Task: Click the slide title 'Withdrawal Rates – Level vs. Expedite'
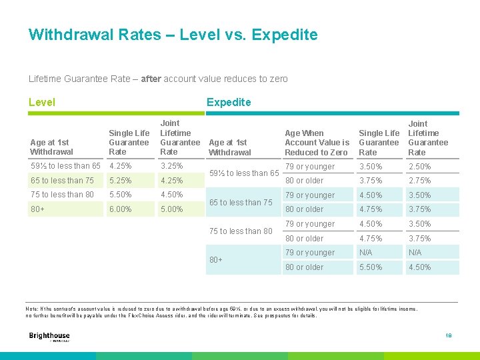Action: point(173,35)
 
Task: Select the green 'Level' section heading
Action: point(42,102)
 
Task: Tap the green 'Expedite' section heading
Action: point(229,102)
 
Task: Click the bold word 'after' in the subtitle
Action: point(151,79)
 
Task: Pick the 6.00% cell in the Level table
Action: point(121,209)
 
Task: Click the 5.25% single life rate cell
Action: point(121,181)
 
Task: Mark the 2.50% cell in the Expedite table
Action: point(420,167)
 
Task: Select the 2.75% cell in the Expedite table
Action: point(420,181)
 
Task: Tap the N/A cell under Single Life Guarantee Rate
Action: point(366,253)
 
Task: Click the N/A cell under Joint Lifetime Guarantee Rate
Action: point(415,253)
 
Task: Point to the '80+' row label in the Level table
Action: point(37,209)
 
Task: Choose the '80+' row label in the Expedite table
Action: point(216,260)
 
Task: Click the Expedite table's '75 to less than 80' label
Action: point(241,231)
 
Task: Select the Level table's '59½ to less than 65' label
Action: point(65,166)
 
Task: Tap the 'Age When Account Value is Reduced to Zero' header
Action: point(317,143)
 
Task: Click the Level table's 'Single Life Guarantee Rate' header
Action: point(129,143)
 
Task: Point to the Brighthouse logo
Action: point(49,337)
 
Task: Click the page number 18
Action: point(448,336)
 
